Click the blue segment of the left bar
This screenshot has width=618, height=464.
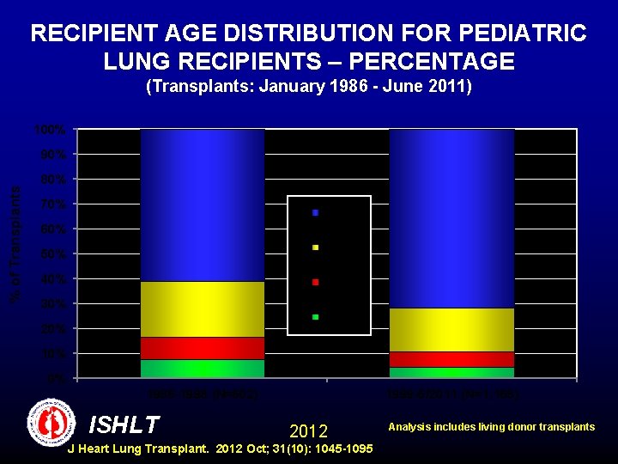click(x=203, y=205)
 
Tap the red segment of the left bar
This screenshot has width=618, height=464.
click(x=203, y=347)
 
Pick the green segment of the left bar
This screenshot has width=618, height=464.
click(x=203, y=368)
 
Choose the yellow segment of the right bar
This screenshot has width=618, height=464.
click(x=451, y=329)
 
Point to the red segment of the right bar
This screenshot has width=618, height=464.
click(x=451, y=358)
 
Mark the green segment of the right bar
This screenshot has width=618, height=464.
click(x=451, y=372)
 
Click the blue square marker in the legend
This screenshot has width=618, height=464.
click(x=315, y=212)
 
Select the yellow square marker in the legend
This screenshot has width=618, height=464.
click(x=315, y=247)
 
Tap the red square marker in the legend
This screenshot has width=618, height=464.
click(x=315, y=282)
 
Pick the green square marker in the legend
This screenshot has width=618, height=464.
click(x=315, y=317)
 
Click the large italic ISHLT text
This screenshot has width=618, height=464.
click(x=124, y=424)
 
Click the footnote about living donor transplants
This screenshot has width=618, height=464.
click(x=491, y=427)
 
